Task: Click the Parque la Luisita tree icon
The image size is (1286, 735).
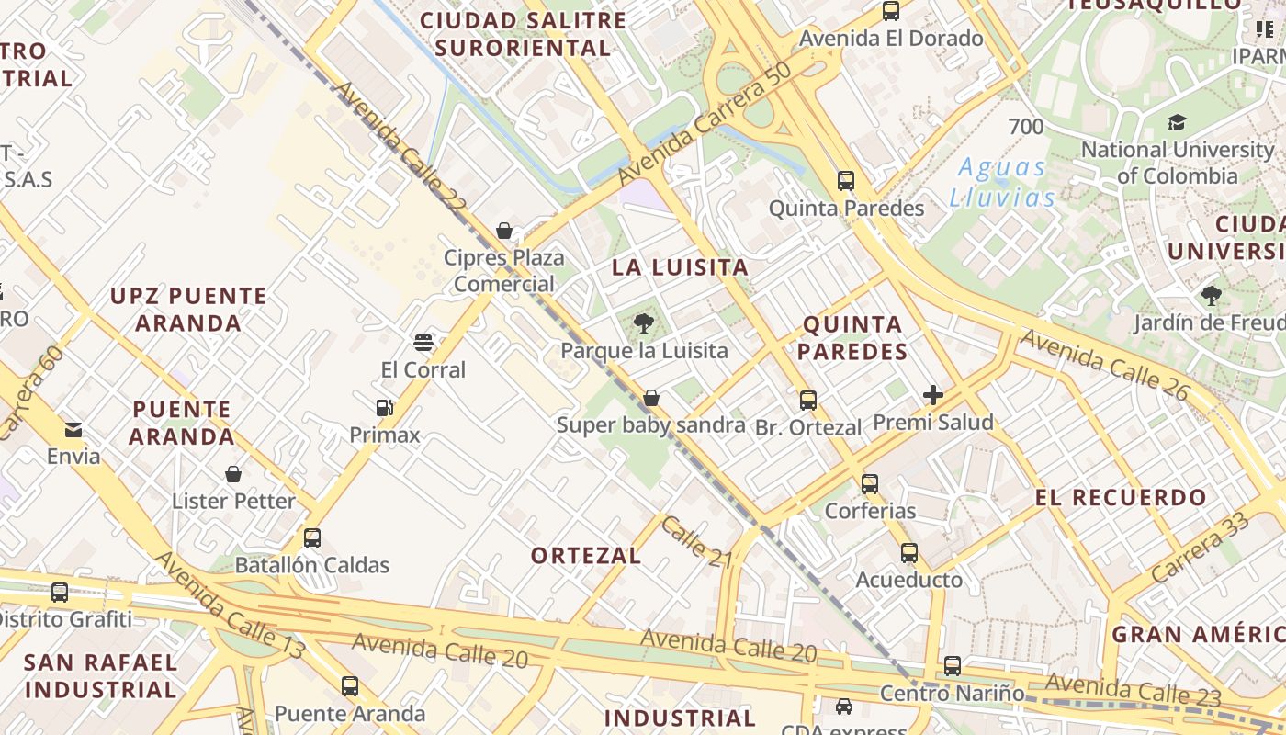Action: pyautogui.click(x=644, y=322)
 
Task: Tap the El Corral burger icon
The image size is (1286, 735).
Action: pyautogui.click(x=423, y=343)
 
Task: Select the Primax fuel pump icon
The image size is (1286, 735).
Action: pyautogui.click(x=385, y=407)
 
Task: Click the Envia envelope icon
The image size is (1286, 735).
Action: pyautogui.click(x=73, y=429)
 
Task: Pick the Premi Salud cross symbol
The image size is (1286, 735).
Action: pyautogui.click(x=933, y=395)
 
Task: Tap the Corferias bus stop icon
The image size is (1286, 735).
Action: pyautogui.click(x=869, y=483)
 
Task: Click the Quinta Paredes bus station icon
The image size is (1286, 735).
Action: pyautogui.click(x=846, y=181)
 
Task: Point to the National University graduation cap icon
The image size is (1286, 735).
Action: pyautogui.click(x=1177, y=122)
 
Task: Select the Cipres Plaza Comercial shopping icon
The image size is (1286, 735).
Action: pyautogui.click(x=504, y=230)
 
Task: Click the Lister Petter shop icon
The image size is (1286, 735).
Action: pyautogui.click(x=233, y=474)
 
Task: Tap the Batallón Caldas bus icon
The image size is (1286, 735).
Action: pyautogui.click(x=312, y=537)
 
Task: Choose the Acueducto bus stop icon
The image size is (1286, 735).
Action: pyautogui.click(x=909, y=553)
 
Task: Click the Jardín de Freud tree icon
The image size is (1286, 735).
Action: pyautogui.click(x=1211, y=295)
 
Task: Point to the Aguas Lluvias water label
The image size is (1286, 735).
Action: pyautogui.click(x=1002, y=182)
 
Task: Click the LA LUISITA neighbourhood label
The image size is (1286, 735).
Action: pyautogui.click(x=681, y=268)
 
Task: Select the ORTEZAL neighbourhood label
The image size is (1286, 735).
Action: pyautogui.click(x=586, y=556)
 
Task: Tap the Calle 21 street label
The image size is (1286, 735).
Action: pyautogui.click(x=696, y=542)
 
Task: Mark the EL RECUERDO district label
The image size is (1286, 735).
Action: pyautogui.click(x=1121, y=498)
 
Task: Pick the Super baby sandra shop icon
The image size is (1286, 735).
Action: pyautogui.click(x=651, y=398)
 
